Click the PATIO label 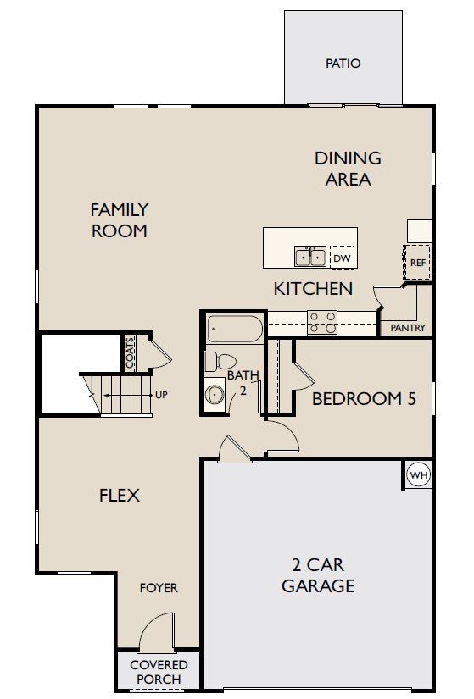[343, 64]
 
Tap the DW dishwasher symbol [342, 258]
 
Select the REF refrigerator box [417, 262]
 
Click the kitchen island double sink [310, 257]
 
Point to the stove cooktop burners [322, 322]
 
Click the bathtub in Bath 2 [235, 329]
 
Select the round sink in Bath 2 [215, 394]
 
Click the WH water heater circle [419, 474]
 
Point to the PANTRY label [408, 328]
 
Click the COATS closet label [130, 353]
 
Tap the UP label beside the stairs [161, 395]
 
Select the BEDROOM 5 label [364, 398]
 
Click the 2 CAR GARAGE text [318, 575]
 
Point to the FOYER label [159, 588]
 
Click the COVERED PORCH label [159, 672]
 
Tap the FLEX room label [120, 496]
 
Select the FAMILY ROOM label [120, 220]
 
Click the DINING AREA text [348, 169]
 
